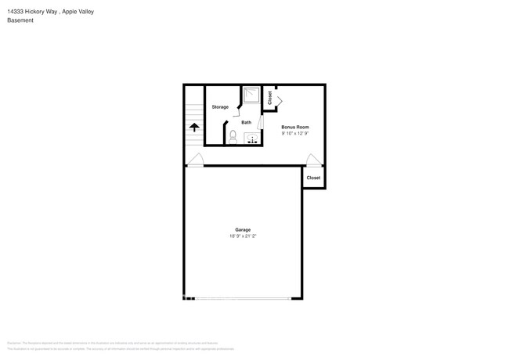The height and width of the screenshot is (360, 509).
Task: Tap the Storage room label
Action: coord(220,106)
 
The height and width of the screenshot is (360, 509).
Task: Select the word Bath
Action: coord(246,122)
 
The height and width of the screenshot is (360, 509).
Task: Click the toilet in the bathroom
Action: coord(233,136)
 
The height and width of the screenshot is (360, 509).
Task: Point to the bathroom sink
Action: coord(253,139)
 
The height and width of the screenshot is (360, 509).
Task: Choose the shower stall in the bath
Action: coord(251,95)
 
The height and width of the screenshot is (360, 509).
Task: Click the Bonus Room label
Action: coord(295,127)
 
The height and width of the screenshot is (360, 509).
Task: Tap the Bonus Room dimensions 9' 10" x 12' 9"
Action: coord(295,133)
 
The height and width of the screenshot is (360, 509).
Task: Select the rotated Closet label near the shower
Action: coord(270,98)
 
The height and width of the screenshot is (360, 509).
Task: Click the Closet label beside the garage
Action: coord(313,178)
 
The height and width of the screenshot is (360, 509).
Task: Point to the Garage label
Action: coord(243,229)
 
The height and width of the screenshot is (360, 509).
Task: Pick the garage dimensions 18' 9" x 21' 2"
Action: coord(243,236)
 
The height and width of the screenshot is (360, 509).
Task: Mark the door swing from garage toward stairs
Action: coord(195,160)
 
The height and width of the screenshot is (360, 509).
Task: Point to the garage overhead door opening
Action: coord(243,297)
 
